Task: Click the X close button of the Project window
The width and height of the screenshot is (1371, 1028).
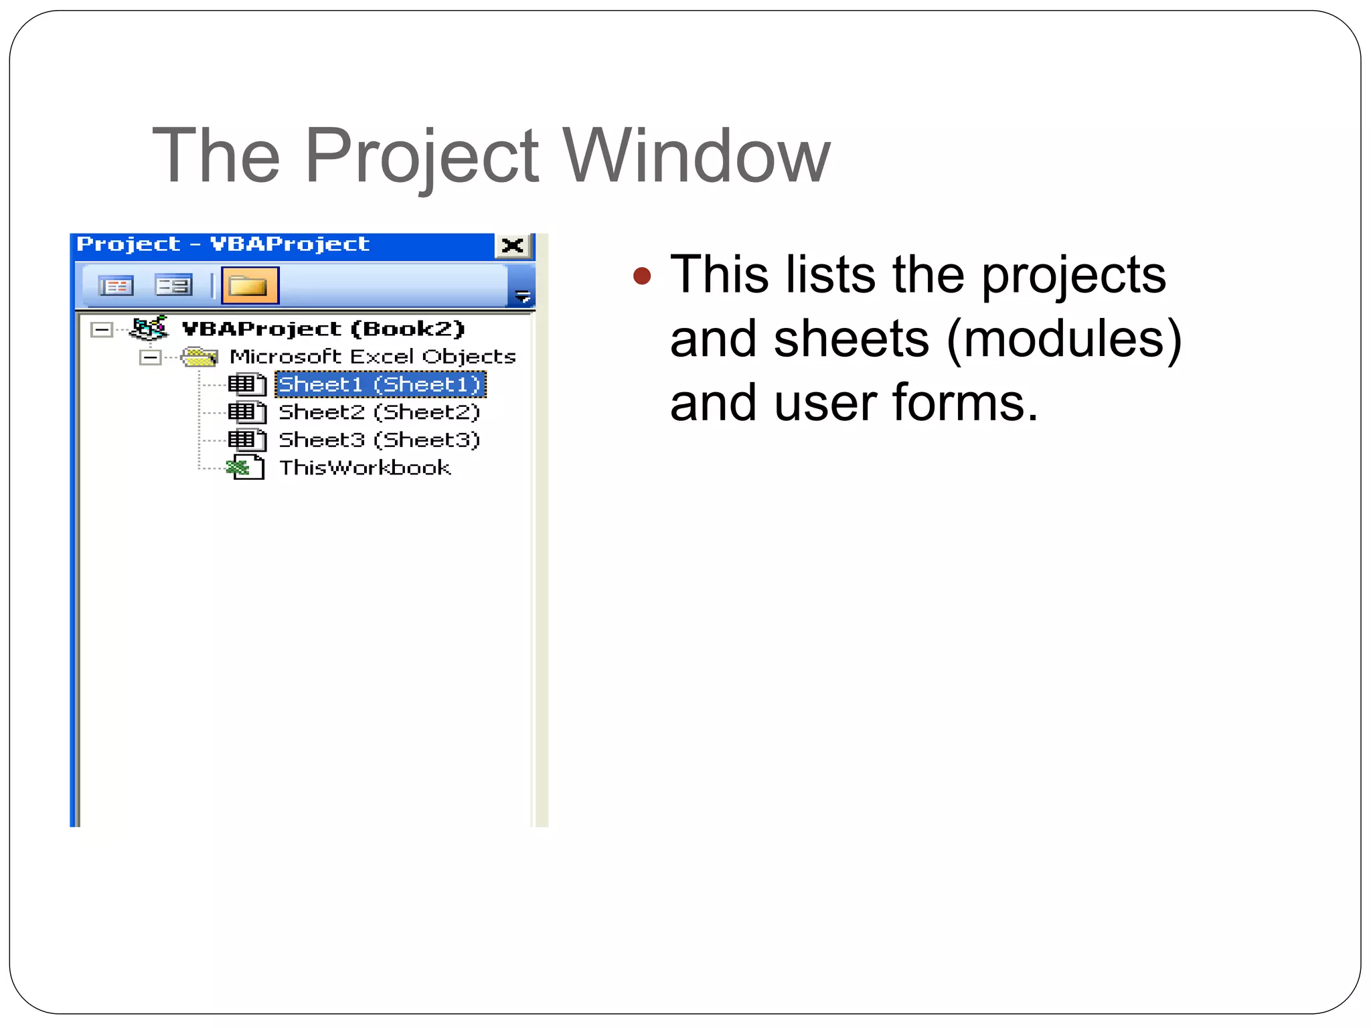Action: pyautogui.click(x=513, y=246)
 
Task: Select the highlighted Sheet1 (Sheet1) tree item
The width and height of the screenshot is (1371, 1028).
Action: pyautogui.click(x=380, y=384)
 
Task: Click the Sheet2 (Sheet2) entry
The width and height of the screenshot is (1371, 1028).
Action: pyautogui.click(x=379, y=412)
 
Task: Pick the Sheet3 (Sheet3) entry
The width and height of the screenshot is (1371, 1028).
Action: pyautogui.click(x=379, y=440)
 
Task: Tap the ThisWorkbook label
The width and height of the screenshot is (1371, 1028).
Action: pyautogui.click(x=365, y=467)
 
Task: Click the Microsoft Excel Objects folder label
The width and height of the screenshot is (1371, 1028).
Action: pyautogui.click(x=372, y=356)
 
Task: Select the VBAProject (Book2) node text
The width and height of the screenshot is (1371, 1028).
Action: pyautogui.click(x=323, y=329)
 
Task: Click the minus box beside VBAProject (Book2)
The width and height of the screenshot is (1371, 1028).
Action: pyautogui.click(x=102, y=329)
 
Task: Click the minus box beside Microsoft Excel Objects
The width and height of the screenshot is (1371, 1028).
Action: pyautogui.click(x=151, y=357)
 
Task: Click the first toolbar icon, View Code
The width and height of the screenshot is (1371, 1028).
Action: pyautogui.click(x=116, y=286)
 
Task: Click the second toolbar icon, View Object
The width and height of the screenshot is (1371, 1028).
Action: pyautogui.click(x=173, y=286)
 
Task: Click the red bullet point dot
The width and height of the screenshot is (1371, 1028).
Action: pyautogui.click(x=641, y=276)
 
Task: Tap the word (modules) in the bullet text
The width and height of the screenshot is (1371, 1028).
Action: pyautogui.click(x=1064, y=339)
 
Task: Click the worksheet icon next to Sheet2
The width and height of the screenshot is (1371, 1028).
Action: pyautogui.click(x=246, y=412)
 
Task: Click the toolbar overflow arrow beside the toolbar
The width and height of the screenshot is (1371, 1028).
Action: pyautogui.click(x=522, y=295)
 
